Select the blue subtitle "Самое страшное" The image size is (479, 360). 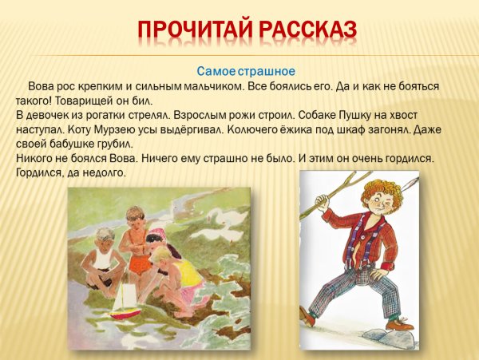pos(239,71)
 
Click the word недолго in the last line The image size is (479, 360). pos(104,172)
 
